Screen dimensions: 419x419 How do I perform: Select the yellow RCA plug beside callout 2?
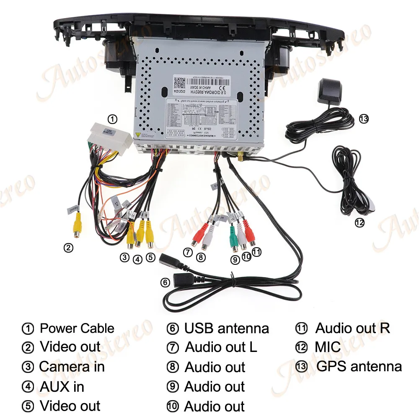[x=77, y=226]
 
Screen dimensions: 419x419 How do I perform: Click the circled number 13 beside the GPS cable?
[x=363, y=119]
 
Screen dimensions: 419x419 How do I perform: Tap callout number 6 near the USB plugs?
[x=166, y=282]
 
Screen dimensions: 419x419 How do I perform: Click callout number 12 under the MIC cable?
[x=359, y=222]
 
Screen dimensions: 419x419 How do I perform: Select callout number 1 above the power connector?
[x=112, y=119]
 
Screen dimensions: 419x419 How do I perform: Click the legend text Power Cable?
[x=77, y=328]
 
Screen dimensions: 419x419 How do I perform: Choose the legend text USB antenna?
[x=226, y=328]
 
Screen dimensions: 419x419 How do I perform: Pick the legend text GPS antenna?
[x=359, y=366]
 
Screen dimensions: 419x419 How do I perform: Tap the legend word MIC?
[x=328, y=347]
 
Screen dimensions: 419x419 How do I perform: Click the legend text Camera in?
[x=72, y=367]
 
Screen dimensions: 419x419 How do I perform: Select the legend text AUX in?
[x=62, y=386]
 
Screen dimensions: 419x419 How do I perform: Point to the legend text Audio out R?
[x=352, y=328]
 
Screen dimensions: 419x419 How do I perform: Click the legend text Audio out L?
[x=221, y=347]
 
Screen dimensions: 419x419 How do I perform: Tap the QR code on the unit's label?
[x=180, y=82]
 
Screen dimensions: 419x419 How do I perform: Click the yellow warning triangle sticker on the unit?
[x=137, y=135]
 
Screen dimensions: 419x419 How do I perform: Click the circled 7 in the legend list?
[x=173, y=348]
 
